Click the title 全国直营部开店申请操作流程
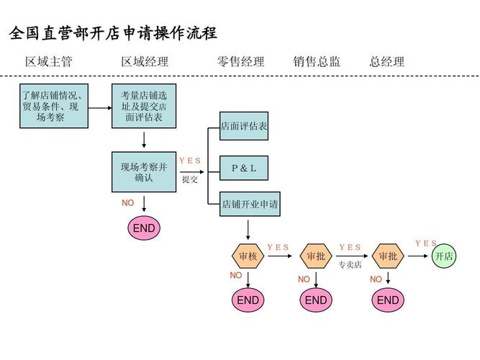click(x=113, y=33)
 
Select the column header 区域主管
click(x=49, y=62)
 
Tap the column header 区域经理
click(x=145, y=62)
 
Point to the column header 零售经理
click(x=241, y=62)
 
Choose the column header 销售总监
click(x=317, y=62)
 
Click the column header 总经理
click(x=387, y=62)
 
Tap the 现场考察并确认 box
click(x=144, y=172)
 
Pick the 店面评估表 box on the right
click(x=244, y=126)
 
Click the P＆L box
click(x=244, y=168)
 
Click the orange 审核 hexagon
click(x=248, y=256)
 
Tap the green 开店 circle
click(x=444, y=256)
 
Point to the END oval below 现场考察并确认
click(x=144, y=228)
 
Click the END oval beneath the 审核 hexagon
click(x=248, y=300)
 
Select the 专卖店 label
click(x=350, y=265)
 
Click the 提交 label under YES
click(x=190, y=179)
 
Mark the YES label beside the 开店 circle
click(x=426, y=243)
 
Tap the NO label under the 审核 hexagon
click(x=236, y=276)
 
